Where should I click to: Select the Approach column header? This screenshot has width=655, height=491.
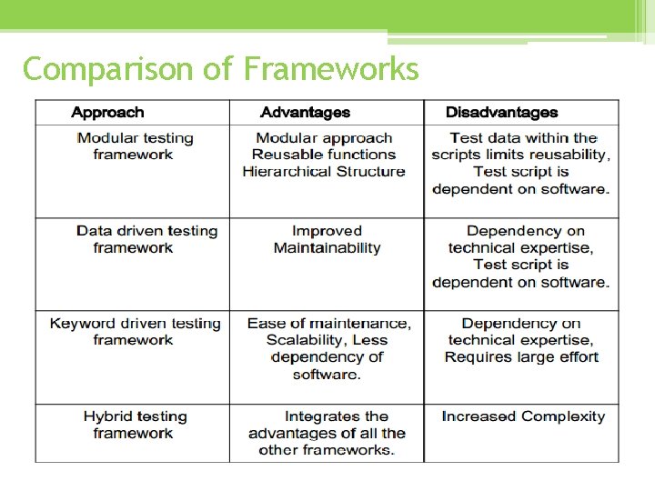[x=107, y=113]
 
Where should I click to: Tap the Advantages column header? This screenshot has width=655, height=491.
[x=305, y=113]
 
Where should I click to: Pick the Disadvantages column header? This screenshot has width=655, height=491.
[x=501, y=113]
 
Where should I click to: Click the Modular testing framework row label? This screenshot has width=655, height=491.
[x=135, y=146]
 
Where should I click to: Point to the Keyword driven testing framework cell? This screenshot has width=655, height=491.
[x=135, y=332]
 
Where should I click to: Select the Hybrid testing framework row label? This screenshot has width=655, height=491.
[x=135, y=425]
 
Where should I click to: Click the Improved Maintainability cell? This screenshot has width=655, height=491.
[x=327, y=239]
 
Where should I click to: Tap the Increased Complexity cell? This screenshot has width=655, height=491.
[x=523, y=416]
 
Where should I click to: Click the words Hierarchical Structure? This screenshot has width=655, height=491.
[x=324, y=172]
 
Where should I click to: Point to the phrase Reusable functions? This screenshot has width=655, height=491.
[x=324, y=155]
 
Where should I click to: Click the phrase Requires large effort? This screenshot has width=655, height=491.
[x=521, y=357]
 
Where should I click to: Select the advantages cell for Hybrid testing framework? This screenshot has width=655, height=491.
[x=327, y=433]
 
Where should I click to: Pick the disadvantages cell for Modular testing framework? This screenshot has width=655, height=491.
[x=520, y=164]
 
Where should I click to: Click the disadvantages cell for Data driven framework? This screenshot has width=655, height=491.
[x=520, y=256]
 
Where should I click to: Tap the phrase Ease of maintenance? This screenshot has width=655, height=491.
[x=328, y=324]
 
